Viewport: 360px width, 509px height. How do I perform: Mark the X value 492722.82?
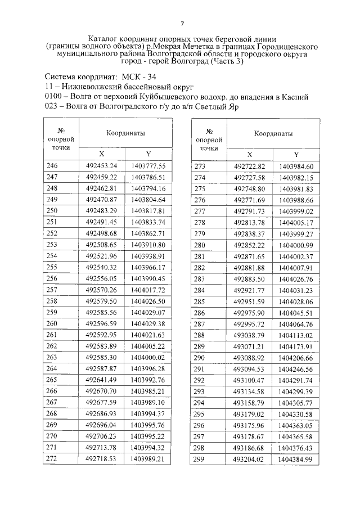pos(249,166)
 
